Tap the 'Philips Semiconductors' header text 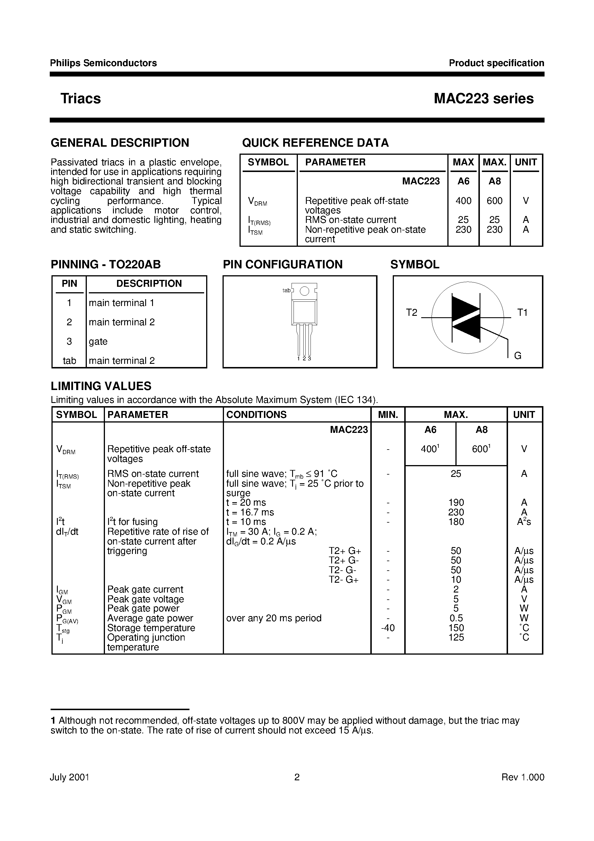pyautogui.click(x=103, y=63)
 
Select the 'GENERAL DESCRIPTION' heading pyautogui.click(x=120, y=142)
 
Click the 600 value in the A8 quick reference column pyautogui.click(x=495, y=201)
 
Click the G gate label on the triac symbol pyautogui.click(x=518, y=356)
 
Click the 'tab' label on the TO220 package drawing pyautogui.click(x=286, y=290)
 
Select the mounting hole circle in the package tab pyautogui.click(x=304, y=291)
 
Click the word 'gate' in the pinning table pyautogui.click(x=98, y=341)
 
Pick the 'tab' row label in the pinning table pyautogui.click(x=69, y=361)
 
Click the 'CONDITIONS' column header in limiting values pyautogui.click(x=256, y=415)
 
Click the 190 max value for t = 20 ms pyautogui.click(x=456, y=502)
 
